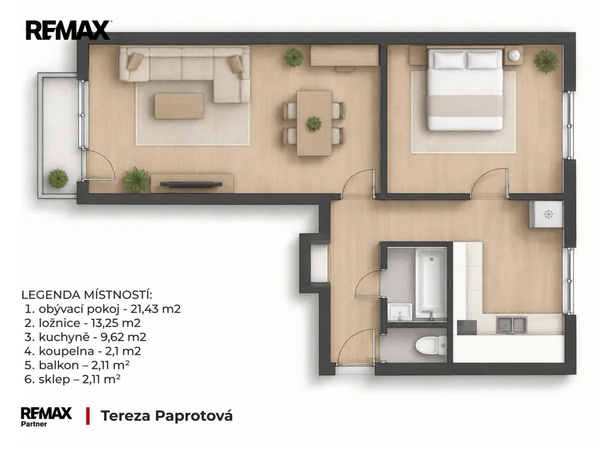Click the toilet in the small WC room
pos(431,345)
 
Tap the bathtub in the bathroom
pos(431,284)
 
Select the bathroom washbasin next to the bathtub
pos(400,311)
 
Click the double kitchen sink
pos(511,325)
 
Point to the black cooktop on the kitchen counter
pos(467,327)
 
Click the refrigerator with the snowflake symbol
pos(546,214)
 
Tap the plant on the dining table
pos(313,123)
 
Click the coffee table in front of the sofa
pos(179,106)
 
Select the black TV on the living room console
pos(191,184)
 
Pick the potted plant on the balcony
pos(58,178)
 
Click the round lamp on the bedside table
pos(514,55)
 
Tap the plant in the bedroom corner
pos(546,61)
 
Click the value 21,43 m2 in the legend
pos(155,309)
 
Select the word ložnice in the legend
pos(59,323)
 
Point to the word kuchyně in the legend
pos(64,337)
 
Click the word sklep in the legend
pos(54,379)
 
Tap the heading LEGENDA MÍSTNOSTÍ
pos(86,295)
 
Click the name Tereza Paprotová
pos(166,416)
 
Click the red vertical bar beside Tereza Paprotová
pos(87,416)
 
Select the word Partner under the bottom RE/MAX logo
pos(34,424)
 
